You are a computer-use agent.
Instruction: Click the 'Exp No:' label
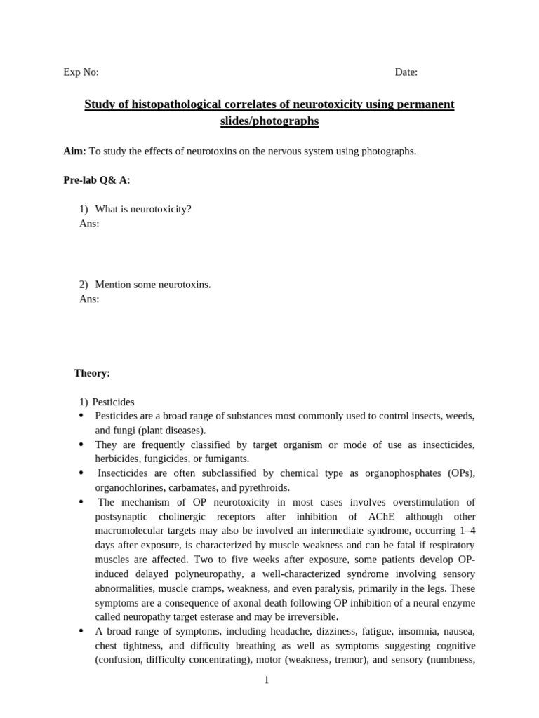(x=81, y=72)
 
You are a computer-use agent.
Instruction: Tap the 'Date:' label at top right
(x=406, y=72)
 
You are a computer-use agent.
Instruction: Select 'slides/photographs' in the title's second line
(x=269, y=121)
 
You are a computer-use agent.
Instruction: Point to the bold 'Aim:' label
(x=74, y=151)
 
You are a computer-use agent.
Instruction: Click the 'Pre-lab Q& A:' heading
(x=97, y=180)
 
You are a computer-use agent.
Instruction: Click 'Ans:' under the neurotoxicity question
(x=89, y=224)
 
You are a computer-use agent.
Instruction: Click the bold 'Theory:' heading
(x=92, y=373)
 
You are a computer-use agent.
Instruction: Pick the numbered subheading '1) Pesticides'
(x=107, y=402)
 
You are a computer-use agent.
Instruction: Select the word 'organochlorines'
(x=129, y=487)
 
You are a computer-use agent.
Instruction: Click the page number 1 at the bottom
(x=267, y=679)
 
